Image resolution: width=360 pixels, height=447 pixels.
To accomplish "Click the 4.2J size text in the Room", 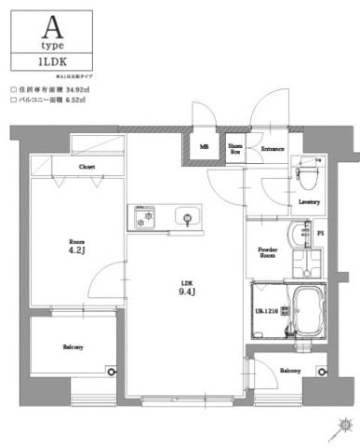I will click(x=76, y=250).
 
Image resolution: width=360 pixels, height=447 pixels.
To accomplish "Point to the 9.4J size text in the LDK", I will click(x=186, y=291).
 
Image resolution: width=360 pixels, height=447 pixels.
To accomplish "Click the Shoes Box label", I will click(x=235, y=148).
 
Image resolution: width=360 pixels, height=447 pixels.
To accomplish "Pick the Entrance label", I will click(x=272, y=149).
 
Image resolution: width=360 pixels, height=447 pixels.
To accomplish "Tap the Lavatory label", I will click(x=309, y=201).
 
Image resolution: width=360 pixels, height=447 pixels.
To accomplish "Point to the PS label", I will click(x=321, y=233).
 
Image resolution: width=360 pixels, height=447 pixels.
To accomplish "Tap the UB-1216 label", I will click(x=268, y=311).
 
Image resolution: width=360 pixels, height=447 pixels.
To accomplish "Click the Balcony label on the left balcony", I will click(x=73, y=347).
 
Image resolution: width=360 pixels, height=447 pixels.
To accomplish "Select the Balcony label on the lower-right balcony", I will click(x=289, y=370).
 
